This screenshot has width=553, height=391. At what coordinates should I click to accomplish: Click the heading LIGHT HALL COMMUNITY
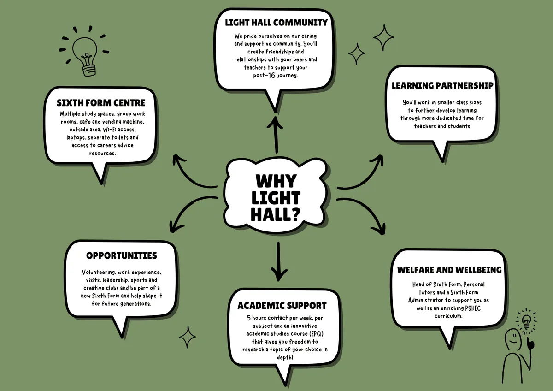(x=276, y=23)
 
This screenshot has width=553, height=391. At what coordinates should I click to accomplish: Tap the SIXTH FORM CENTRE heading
(x=101, y=103)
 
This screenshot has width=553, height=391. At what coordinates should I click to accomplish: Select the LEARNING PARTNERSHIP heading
(x=442, y=85)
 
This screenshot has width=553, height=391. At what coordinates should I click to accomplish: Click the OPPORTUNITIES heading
(x=122, y=255)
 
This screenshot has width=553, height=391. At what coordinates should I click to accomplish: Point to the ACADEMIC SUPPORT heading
(x=282, y=306)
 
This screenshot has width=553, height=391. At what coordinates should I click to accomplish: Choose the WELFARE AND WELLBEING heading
(x=449, y=270)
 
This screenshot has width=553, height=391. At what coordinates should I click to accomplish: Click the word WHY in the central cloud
(x=276, y=181)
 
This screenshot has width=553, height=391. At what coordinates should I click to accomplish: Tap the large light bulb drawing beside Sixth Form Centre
(x=84, y=51)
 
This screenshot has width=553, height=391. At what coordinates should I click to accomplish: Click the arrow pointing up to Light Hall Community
(x=275, y=135)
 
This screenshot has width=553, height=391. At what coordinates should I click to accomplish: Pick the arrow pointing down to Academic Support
(x=279, y=262)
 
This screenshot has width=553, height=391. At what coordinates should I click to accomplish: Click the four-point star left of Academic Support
(x=188, y=337)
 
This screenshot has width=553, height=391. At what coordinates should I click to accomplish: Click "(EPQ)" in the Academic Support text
(x=317, y=334)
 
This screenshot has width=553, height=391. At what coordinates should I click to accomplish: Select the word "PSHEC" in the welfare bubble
(x=473, y=308)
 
